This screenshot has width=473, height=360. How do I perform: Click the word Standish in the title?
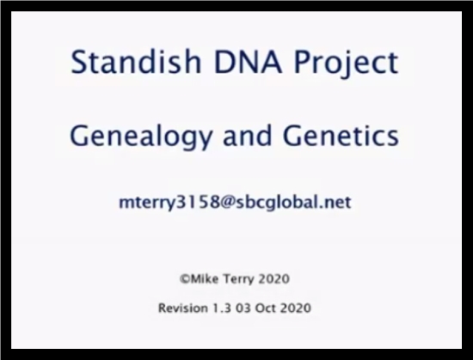[136, 61]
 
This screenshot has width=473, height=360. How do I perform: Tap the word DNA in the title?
[248, 62]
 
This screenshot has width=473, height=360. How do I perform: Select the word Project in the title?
[346, 64]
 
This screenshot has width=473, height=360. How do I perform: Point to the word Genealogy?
[141, 137]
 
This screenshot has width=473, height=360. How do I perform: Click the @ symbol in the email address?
[227, 202]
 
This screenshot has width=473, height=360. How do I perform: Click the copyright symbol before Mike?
[185, 278]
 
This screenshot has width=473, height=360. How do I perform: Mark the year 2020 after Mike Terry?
[274, 279]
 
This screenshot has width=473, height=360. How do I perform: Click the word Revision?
[183, 308]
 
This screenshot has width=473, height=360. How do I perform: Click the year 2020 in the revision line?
[297, 308]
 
